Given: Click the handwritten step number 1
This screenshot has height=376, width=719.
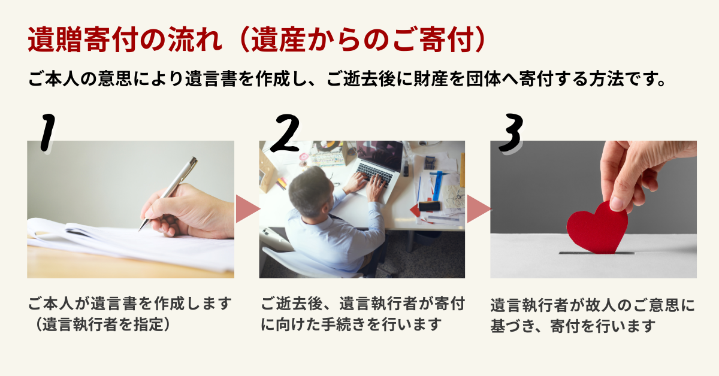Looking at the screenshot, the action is click(x=47, y=132).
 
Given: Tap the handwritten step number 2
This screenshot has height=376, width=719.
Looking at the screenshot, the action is click(x=285, y=133).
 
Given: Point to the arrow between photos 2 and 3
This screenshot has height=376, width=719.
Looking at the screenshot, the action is click(x=479, y=209).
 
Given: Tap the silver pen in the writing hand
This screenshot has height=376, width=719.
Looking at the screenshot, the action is click(x=168, y=193).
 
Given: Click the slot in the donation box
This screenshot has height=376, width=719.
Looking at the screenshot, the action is click(x=596, y=253).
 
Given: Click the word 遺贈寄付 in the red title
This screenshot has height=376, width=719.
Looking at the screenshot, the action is click(x=83, y=40).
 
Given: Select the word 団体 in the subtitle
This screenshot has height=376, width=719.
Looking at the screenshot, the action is click(x=484, y=78).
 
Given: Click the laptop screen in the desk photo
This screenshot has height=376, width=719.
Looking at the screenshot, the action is click(x=380, y=154).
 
